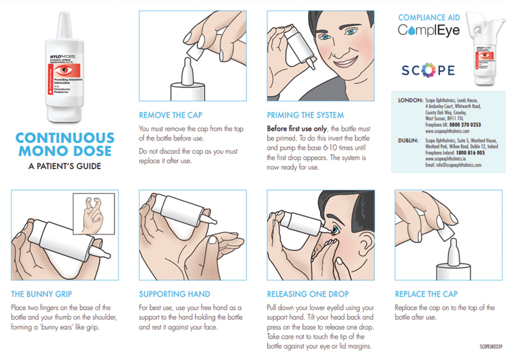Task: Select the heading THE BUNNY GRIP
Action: pyautogui.click(x=43, y=294)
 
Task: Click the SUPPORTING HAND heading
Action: pyautogui.click(x=174, y=294)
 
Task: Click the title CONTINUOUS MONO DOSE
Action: pyautogui.click(x=64, y=144)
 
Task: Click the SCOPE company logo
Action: pyautogui.click(x=429, y=70)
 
